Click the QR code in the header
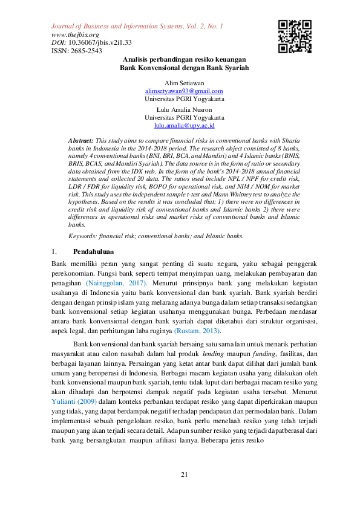point(295,37)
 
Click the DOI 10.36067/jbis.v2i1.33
point(97,43)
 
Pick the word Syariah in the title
point(237,68)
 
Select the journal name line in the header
point(137,27)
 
